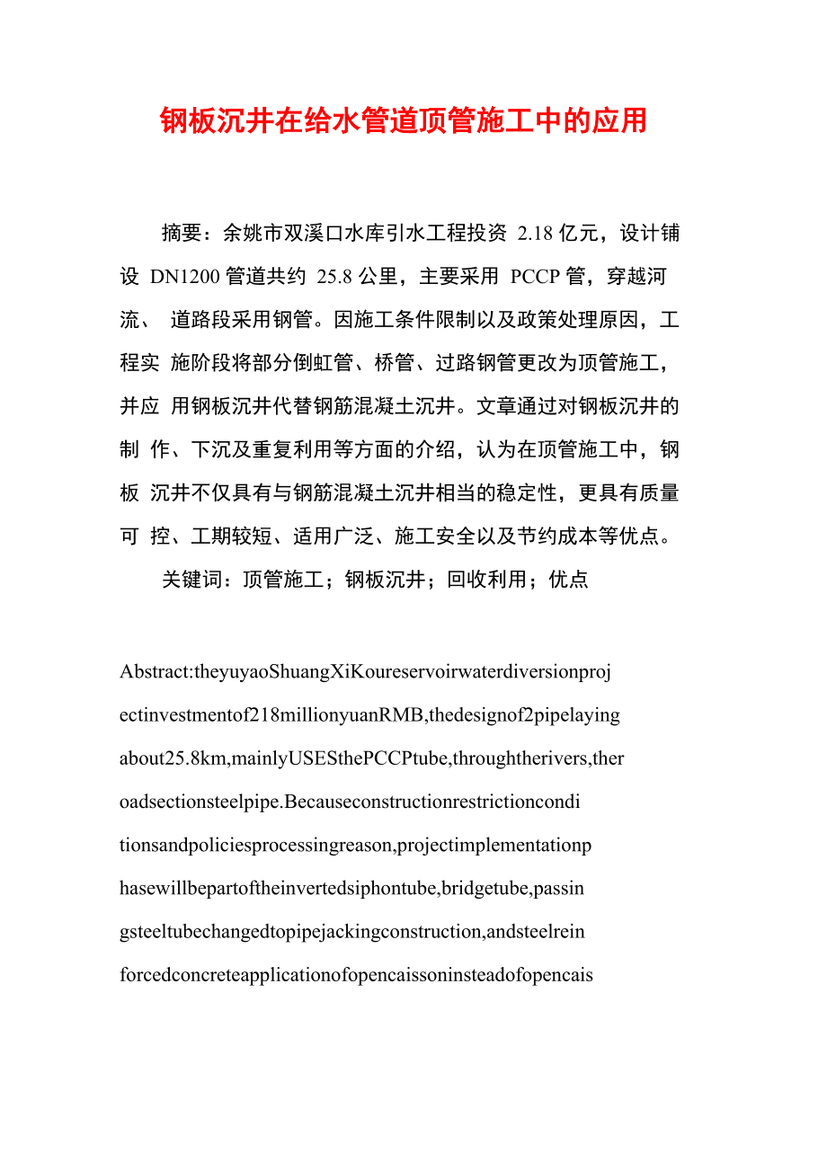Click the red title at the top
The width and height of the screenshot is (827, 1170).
[404, 121]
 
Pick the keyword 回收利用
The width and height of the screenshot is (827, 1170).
[486, 580]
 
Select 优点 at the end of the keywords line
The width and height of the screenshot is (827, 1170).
[568, 580]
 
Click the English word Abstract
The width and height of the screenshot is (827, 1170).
[154, 672]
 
